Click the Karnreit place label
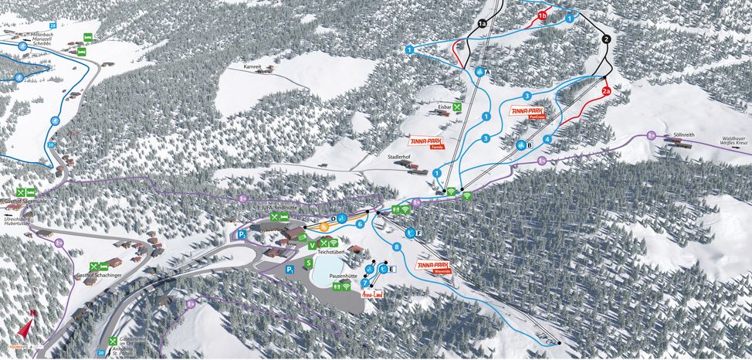253,68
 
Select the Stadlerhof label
399,156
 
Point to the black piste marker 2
606,39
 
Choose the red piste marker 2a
606,91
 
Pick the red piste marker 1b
542,15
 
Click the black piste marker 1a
483,24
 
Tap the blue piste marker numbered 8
397,247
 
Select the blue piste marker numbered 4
547,139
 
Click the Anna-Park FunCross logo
527,112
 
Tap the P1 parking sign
242,234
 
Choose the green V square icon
312,245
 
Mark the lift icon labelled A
479,72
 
